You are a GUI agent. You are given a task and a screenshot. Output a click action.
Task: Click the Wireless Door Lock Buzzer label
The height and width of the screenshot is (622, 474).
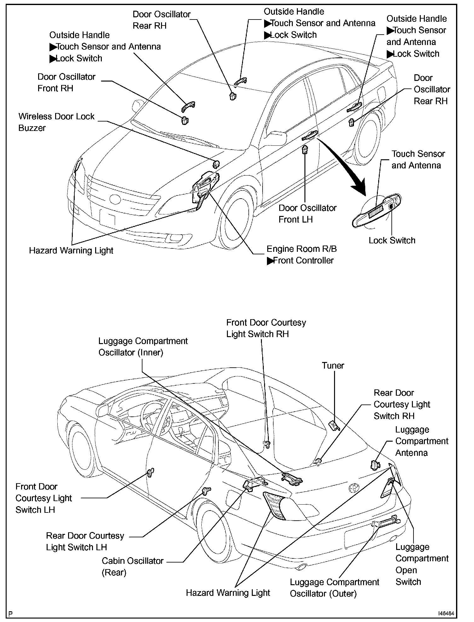(x=56, y=122)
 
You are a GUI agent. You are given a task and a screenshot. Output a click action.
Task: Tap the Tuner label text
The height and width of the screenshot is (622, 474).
(x=333, y=365)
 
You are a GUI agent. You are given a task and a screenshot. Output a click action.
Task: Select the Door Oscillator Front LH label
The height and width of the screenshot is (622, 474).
(x=307, y=214)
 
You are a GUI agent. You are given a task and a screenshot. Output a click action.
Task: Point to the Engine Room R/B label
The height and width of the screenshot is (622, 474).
(x=302, y=249)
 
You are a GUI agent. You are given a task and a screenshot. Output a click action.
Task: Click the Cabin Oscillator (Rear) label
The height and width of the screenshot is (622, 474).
(x=132, y=567)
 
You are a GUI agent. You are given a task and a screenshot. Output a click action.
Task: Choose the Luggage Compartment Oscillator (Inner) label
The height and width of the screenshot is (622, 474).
(x=143, y=347)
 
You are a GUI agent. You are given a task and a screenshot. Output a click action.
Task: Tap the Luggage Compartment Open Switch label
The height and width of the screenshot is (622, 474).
(x=421, y=564)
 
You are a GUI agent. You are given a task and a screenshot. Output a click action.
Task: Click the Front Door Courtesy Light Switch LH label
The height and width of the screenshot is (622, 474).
(x=43, y=498)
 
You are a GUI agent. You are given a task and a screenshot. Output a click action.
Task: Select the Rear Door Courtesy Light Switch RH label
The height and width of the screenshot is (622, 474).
(x=402, y=404)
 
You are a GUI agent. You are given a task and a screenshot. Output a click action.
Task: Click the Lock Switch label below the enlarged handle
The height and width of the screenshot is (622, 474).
(x=392, y=240)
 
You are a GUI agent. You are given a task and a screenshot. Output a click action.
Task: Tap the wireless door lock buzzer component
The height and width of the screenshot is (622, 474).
(x=216, y=164)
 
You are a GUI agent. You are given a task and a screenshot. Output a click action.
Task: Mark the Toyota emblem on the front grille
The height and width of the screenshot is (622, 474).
(x=114, y=199)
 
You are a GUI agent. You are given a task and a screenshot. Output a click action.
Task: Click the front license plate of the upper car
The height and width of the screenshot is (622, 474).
(x=107, y=217)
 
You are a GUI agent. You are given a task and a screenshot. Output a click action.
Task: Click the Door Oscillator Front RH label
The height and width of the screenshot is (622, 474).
(x=66, y=82)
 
